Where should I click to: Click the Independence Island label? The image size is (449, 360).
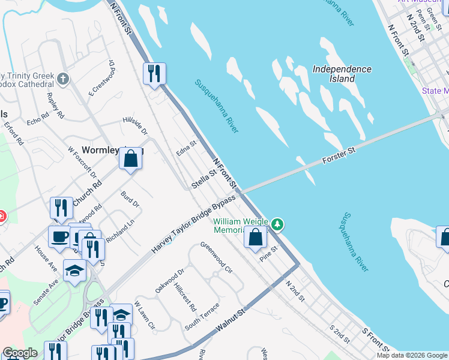click(x=342, y=74)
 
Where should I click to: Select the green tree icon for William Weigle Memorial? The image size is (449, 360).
click(x=277, y=224)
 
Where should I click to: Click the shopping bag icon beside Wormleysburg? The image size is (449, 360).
click(x=130, y=160)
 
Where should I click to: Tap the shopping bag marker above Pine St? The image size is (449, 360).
click(x=255, y=237)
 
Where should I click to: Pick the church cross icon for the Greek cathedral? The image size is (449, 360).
click(x=63, y=79)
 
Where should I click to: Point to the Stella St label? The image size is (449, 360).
click(x=203, y=179)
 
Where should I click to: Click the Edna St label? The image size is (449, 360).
click(x=187, y=149)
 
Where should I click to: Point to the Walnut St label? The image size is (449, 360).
click(x=232, y=322)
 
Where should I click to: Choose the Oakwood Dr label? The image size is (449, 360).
click(x=169, y=281)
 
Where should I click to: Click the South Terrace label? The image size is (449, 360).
click(x=202, y=316)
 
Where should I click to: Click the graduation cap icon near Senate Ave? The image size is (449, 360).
click(x=75, y=271)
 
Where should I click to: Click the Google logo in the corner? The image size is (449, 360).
click(x=20, y=353)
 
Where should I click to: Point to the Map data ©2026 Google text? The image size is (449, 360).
click(x=411, y=355)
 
